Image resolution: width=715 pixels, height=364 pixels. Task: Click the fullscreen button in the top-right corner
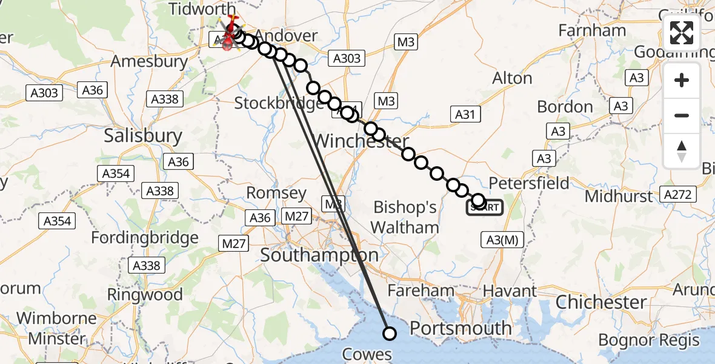[x=682, y=33]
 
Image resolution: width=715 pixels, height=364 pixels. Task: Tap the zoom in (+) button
[x=682, y=80]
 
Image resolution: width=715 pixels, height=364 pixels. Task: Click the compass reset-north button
[x=682, y=151]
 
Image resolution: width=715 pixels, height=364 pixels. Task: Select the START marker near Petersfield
[x=484, y=207]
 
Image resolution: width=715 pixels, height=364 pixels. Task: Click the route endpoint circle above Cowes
[x=390, y=333]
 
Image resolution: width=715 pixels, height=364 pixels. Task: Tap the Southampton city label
[x=319, y=255]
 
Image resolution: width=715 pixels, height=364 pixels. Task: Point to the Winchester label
[x=361, y=142]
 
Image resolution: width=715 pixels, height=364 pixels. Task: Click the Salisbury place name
[x=143, y=135]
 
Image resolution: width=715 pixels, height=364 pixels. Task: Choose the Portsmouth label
[x=461, y=328]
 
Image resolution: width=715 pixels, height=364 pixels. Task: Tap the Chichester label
[x=601, y=302]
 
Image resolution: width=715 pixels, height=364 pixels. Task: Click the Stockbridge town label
[x=279, y=103]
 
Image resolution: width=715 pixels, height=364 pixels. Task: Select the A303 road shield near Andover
[x=347, y=59]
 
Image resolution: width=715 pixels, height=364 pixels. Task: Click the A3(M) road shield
[x=502, y=240]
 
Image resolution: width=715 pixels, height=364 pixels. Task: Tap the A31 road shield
[x=465, y=113]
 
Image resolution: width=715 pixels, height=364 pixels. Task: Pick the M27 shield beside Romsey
[x=298, y=216]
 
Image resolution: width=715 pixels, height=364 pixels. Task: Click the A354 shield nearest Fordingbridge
[x=58, y=221]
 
